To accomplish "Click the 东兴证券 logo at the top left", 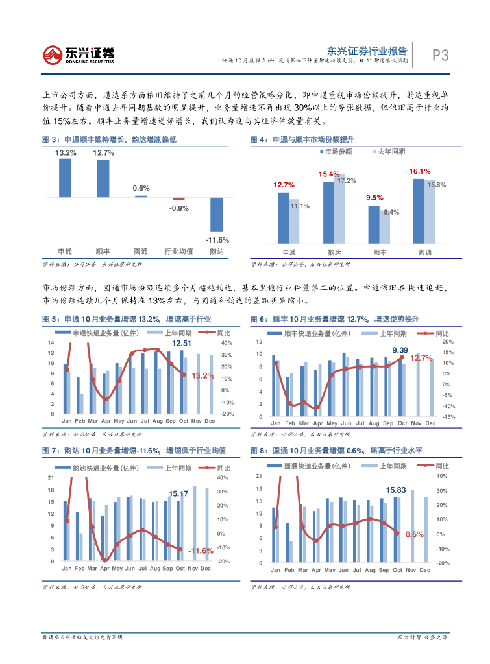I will point(79,54).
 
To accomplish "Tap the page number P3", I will point(441,56).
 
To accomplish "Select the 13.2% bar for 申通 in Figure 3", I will point(65,177).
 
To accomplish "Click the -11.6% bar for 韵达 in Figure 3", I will point(217,215).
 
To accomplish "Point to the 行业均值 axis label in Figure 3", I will point(178,251).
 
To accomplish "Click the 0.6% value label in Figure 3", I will point(141,188).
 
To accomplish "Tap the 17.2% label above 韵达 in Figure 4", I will point(347,180).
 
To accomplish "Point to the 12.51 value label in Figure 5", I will point(181,343).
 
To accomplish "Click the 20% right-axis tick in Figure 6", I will point(447,342).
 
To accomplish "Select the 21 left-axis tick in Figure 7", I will point(51,478).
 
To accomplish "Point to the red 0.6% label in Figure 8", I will point(414,534).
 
